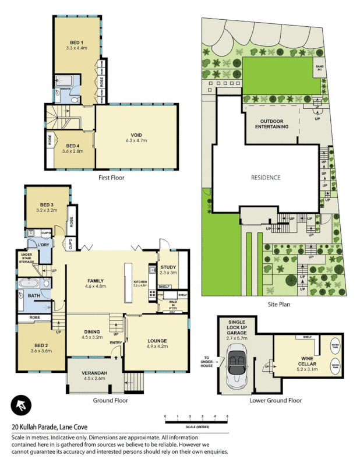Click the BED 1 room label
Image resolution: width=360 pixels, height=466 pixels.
point(77,45)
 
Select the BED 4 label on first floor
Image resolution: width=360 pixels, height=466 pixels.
point(73,148)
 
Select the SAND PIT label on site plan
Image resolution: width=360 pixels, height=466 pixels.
point(319,68)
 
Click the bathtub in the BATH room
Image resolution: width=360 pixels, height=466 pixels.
point(30,284)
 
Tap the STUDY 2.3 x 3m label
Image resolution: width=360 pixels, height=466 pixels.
point(168,270)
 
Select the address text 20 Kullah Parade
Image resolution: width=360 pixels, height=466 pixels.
point(52,426)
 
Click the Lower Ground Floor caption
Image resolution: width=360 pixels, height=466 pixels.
point(276,400)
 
